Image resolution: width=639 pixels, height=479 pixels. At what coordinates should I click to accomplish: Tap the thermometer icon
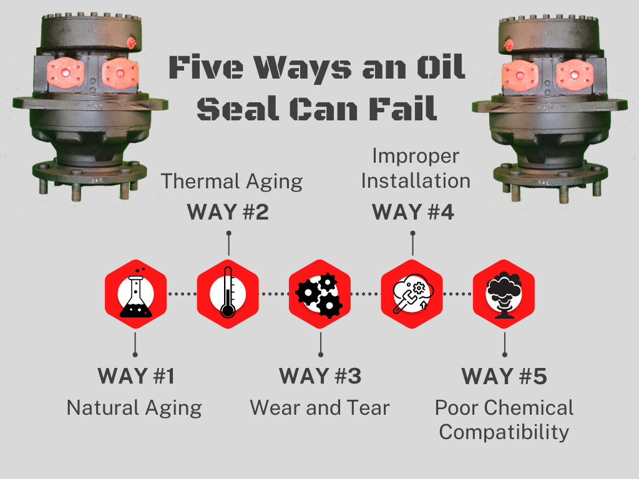(x=228, y=291)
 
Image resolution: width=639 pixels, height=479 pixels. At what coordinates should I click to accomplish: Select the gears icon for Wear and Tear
(x=319, y=291)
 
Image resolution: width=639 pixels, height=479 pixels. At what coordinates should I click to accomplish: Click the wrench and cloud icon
(x=412, y=291)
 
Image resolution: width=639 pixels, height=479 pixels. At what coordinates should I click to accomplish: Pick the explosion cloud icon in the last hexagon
(x=504, y=291)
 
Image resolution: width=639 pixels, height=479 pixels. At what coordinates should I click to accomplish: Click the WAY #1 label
(x=136, y=377)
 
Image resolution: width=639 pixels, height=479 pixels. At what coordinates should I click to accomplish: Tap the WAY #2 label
(x=228, y=212)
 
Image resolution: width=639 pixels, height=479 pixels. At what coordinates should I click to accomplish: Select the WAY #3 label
(x=319, y=377)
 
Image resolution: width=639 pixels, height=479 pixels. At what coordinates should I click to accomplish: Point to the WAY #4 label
(x=412, y=212)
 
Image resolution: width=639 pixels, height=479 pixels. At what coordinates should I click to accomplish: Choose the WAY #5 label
(x=504, y=377)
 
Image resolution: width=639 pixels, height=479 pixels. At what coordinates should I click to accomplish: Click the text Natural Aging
(x=134, y=409)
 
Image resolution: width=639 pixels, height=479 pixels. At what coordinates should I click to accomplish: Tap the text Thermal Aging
(x=232, y=181)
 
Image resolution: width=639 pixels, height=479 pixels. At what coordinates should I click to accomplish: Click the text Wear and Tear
(x=319, y=408)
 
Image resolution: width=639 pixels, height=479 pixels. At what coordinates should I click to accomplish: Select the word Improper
(x=415, y=156)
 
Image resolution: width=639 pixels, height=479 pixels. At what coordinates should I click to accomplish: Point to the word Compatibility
(x=504, y=432)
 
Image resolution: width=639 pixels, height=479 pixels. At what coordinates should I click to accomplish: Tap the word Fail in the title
(x=406, y=110)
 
